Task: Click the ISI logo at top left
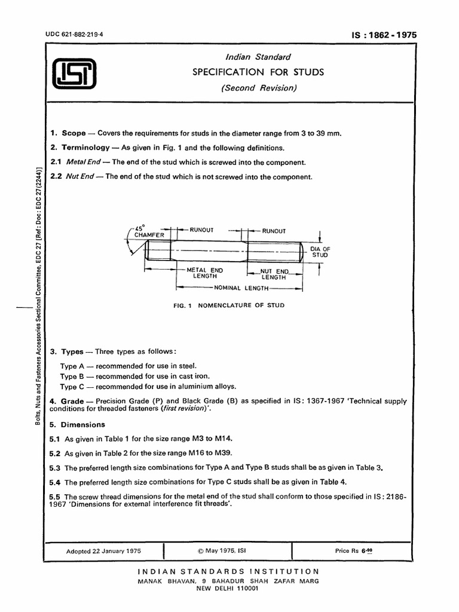(x=74, y=75)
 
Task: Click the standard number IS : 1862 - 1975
(x=384, y=35)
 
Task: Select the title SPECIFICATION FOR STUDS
(x=258, y=72)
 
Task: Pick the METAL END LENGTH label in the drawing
(x=204, y=273)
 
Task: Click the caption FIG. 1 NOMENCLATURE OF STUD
(x=229, y=305)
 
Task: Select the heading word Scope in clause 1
(x=74, y=133)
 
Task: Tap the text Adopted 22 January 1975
(x=103, y=551)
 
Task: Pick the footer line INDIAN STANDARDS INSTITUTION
(x=228, y=571)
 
